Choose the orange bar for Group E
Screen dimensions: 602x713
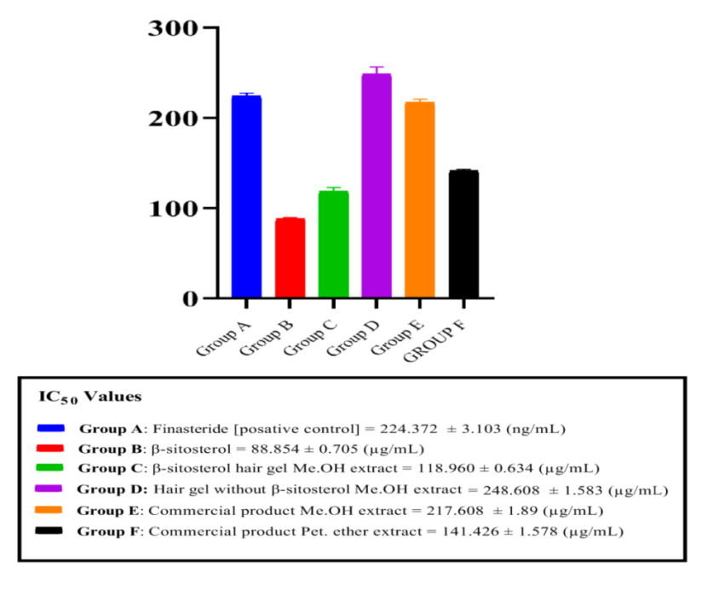(x=420, y=200)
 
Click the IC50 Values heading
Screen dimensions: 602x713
(x=90, y=397)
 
